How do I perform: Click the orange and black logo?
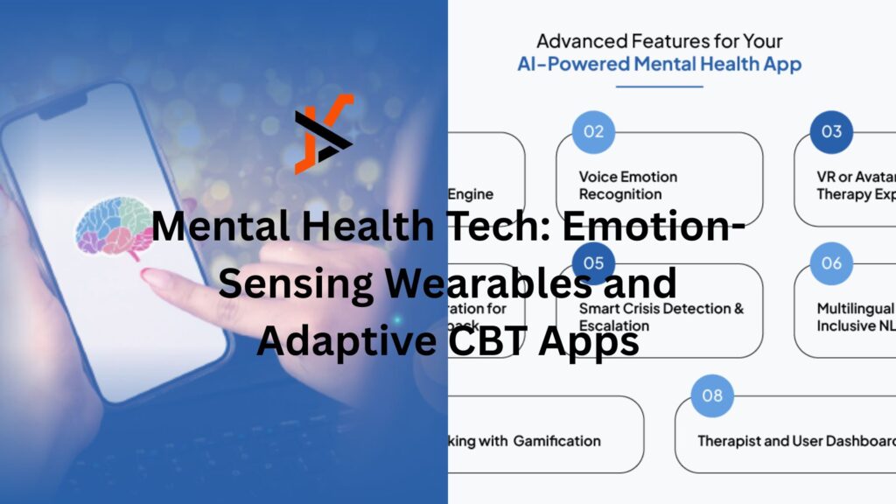click(324, 133)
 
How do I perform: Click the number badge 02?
click(594, 132)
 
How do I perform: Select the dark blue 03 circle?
click(831, 132)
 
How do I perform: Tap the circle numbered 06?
click(831, 263)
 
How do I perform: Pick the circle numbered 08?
click(712, 396)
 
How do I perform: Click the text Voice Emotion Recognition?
click(628, 185)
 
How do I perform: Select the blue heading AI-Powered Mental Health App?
click(659, 64)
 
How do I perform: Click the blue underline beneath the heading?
click(659, 86)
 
